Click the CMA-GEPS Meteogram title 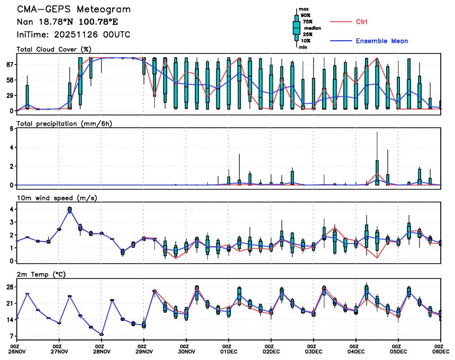point(74,10)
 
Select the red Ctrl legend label point(361,22)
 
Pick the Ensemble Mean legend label point(381,41)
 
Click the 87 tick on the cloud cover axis point(9,65)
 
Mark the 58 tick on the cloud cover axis point(9,80)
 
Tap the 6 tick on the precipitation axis point(11,128)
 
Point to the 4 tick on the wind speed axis point(11,209)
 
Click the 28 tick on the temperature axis point(9,287)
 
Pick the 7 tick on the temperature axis point(11,336)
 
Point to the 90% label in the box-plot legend point(306,15)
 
